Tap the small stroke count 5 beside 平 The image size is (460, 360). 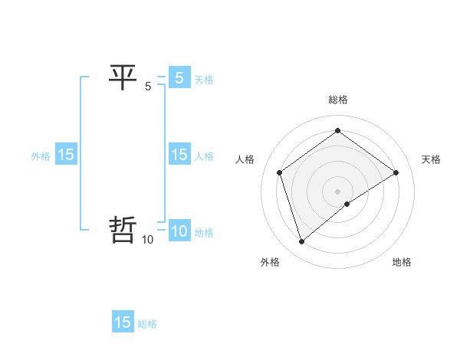tap(148, 87)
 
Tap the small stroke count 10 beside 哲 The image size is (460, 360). tap(148, 240)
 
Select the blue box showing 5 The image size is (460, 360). tap(179, 78)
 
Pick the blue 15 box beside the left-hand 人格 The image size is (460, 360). tap(179, 155)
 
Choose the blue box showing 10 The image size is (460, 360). tap(179, 231)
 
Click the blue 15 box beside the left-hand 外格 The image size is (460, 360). tap(66, 155)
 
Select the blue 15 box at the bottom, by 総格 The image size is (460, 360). tap(123, 322)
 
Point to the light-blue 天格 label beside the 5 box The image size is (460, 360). tap(204, 80)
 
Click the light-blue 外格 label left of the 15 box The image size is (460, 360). tap(41, 156)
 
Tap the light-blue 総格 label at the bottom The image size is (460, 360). tap(147, 324)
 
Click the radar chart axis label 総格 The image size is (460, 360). tap(338, 100)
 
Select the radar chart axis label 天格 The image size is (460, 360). tap(431, 159)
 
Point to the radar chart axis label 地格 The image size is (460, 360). tap(402, 262)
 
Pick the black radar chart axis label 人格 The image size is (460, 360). tap(245, 159)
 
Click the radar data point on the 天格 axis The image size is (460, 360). tap(396, 172)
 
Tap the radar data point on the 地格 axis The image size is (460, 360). tap(347, 204)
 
